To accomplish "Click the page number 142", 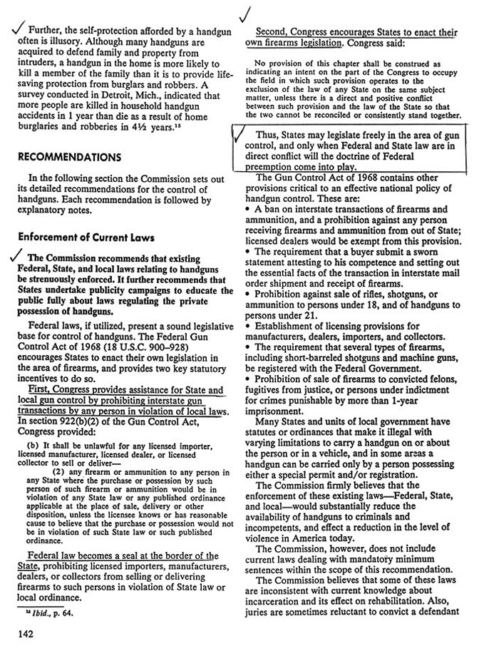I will coord(19,631).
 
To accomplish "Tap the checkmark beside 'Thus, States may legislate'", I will coord(242,135).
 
